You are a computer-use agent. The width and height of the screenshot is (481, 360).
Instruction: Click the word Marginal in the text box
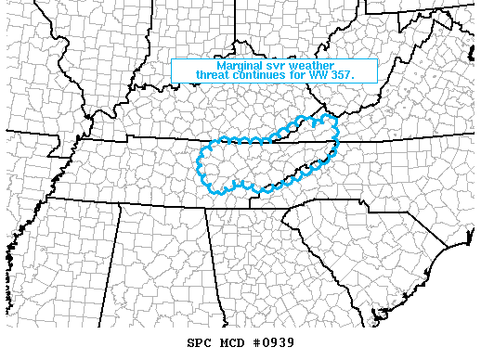pos(239,67)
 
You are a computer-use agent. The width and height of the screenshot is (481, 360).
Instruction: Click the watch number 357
pos(359,76)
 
